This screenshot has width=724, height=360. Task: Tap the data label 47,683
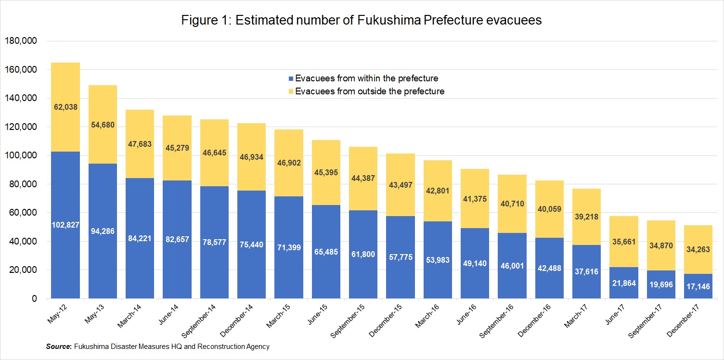(x=140, y=144)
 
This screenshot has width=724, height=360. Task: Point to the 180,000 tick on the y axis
(x=20, y=41)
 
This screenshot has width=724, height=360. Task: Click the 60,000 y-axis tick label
(x=22, y=213)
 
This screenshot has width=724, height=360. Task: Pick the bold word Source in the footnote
(x=58, y=347)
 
